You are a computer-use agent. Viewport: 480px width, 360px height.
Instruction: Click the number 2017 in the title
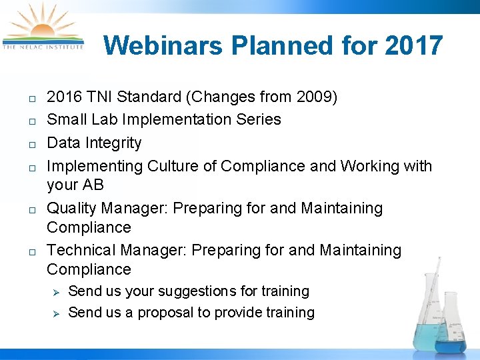tap(414, 46)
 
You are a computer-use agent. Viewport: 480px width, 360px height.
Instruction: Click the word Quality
tap(72, 209)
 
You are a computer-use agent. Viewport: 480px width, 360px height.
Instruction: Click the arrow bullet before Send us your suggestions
tap(57, 292)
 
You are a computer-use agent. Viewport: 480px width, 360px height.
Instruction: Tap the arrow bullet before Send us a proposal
tap(57, 313)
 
